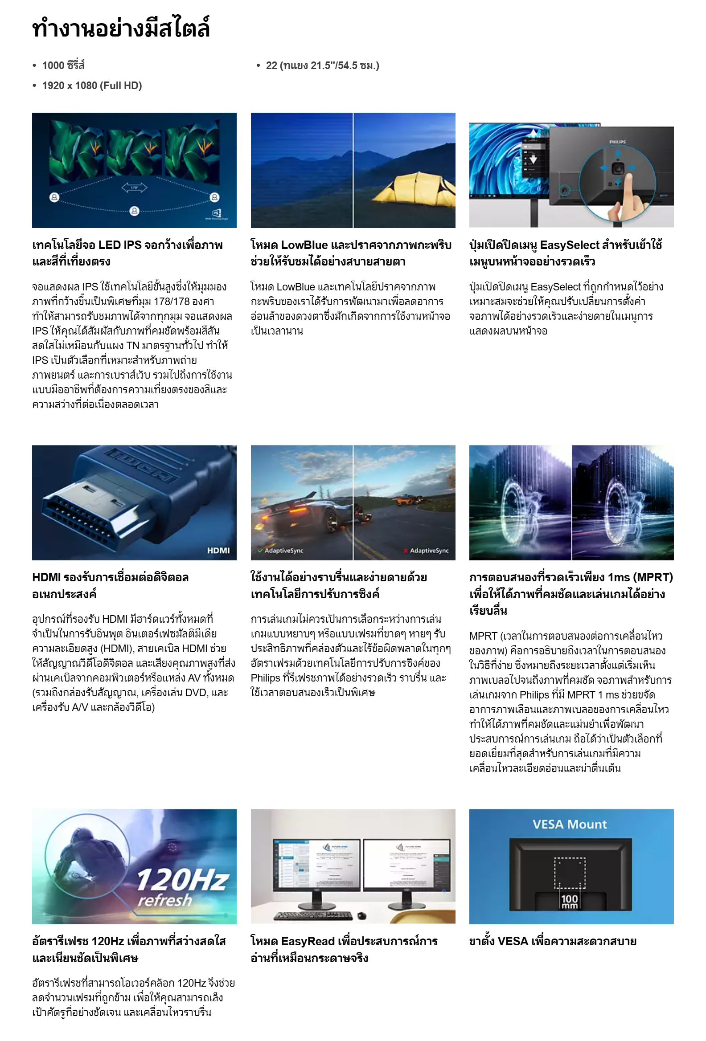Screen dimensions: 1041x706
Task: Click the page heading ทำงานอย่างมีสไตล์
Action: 121,28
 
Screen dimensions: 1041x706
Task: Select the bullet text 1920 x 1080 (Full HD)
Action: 91,86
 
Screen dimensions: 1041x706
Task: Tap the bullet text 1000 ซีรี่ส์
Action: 63,65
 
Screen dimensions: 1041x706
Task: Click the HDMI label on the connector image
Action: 218,551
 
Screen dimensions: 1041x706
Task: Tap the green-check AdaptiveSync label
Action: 281,551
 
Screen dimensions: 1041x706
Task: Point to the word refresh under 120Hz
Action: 164,899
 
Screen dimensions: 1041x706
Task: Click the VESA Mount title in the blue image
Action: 569,824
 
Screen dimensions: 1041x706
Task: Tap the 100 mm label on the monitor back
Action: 569,901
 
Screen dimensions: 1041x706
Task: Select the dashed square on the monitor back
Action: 569,873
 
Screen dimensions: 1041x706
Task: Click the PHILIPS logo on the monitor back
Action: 617,142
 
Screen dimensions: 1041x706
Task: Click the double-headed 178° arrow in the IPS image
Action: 134,188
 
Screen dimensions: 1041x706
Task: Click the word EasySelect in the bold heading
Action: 569,245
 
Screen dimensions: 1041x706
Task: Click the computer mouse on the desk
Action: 362,916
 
